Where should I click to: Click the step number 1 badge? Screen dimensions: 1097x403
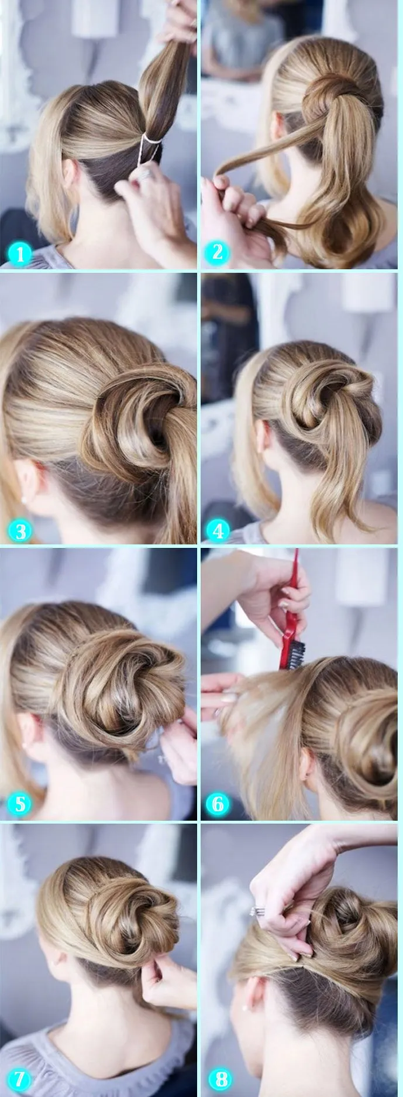click(20, 255)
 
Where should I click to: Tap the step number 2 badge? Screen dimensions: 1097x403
click(218, 252)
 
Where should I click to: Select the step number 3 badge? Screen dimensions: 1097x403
click(20, 531)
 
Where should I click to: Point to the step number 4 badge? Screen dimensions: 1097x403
click(218, 531)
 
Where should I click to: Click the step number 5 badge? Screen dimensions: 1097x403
click(20, 804)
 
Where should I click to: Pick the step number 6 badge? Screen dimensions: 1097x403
click(218, 804)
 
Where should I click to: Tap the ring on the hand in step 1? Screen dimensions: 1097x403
click(144, 173)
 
